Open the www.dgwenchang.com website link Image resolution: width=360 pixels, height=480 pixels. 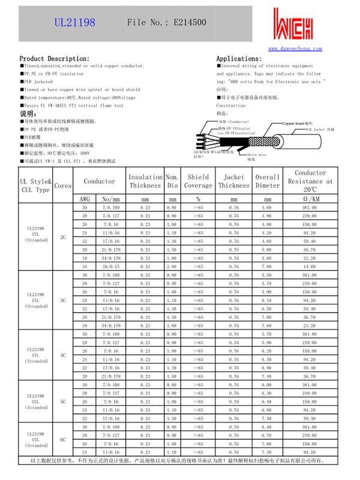[295, 49]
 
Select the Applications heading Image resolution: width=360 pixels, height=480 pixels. [238, 58]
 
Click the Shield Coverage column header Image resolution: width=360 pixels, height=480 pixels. [198, 181]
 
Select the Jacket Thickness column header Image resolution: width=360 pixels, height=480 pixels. [233, 181]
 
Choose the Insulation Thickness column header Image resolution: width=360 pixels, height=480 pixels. [145, 181]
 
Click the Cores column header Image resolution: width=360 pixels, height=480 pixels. [63, 186]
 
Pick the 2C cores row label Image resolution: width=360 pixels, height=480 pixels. [63, 236]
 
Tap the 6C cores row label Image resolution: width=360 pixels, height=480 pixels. [63, 439]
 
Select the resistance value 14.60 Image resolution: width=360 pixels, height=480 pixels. [310, 266]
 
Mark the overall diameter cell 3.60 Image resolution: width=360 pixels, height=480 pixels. [267, 207]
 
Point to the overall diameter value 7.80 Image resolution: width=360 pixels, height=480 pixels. [267, 266]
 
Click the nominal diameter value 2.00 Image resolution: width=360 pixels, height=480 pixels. [172, 266]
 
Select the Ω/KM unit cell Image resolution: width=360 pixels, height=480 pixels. [310, 199]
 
